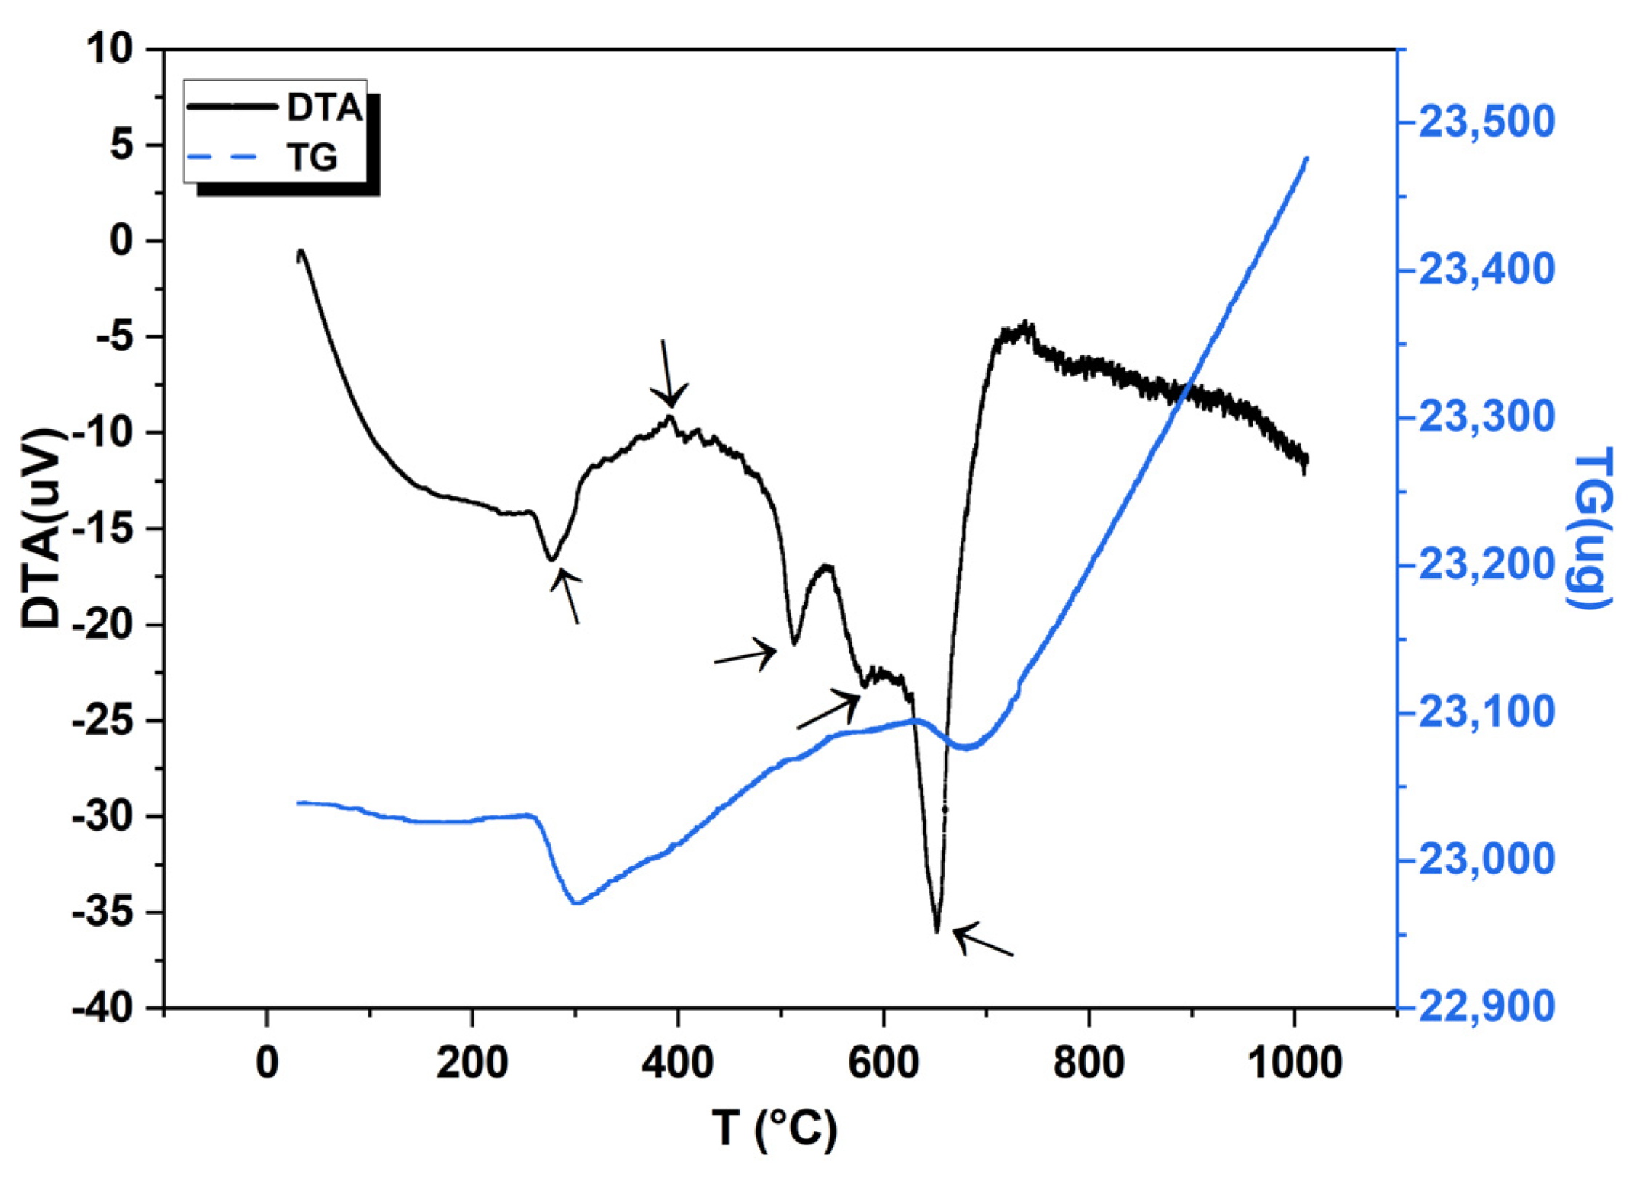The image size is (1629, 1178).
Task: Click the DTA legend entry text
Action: point(324,109)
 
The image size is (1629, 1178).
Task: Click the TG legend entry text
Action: point(313,157)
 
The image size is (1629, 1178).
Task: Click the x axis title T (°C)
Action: point(774,1129)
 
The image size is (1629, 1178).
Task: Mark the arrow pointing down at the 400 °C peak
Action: point(667,374)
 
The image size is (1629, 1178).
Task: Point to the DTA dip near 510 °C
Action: point(794,644)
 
